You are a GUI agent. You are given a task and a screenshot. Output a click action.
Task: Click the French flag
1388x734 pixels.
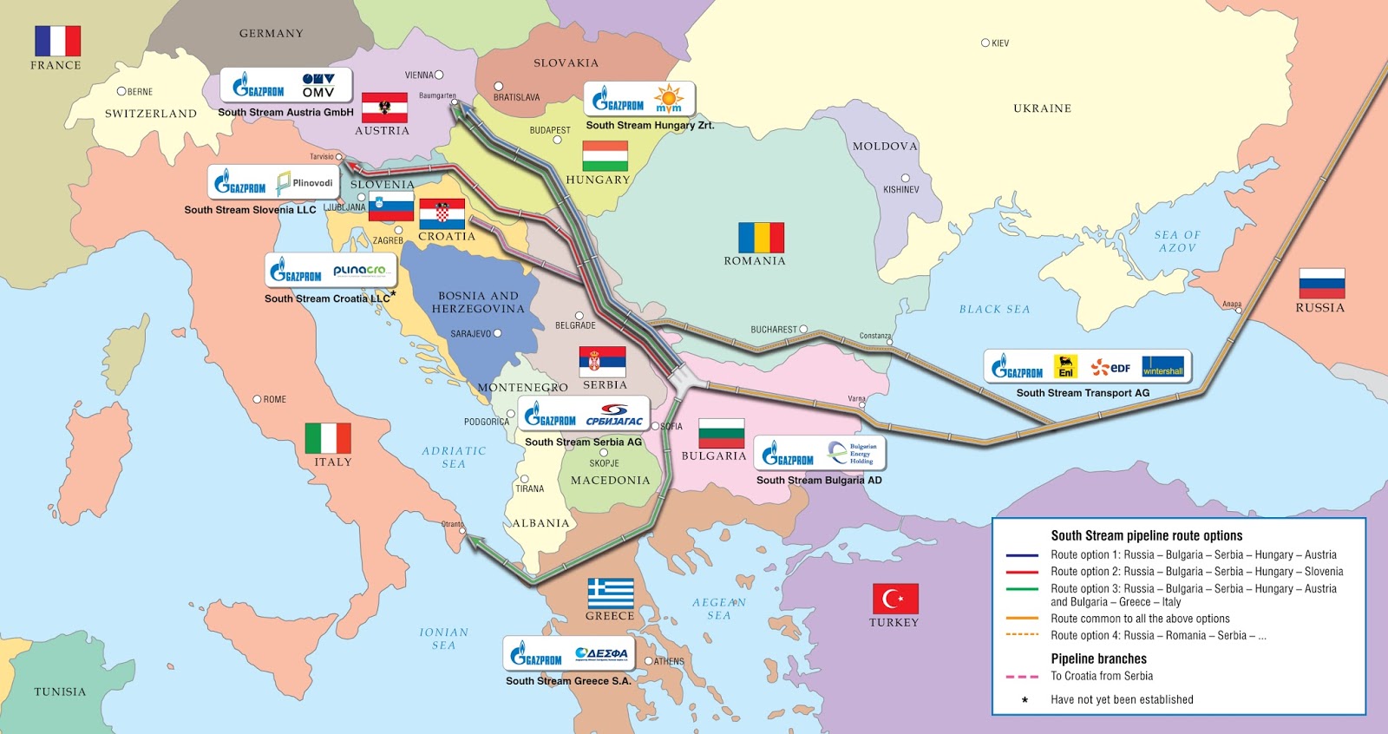57,41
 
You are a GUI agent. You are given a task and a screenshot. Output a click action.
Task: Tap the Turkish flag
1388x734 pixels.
895,599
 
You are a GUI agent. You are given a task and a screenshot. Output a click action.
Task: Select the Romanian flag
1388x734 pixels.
761,237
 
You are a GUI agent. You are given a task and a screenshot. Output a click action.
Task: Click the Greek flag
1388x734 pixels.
611,593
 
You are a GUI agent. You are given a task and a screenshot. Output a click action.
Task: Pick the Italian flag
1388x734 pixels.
328,438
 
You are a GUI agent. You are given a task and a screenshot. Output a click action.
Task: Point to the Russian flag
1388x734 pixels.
1321,284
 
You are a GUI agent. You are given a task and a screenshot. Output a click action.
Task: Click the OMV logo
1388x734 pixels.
318,85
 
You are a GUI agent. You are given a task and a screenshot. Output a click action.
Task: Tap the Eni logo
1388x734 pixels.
1065,367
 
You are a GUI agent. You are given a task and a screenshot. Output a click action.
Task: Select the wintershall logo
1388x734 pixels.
1162,367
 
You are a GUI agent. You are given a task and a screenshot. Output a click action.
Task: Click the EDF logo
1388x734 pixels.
1111,368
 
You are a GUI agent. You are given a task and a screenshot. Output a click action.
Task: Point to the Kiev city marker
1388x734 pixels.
985,43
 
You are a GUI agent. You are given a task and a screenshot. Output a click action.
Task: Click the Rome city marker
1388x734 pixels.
257,399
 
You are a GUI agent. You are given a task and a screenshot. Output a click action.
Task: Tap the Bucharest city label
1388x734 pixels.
773,330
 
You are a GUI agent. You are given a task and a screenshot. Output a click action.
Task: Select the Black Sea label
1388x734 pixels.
994,309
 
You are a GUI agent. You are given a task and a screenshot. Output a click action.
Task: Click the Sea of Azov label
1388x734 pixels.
1177,241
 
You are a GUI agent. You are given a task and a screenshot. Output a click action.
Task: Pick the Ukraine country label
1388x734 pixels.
1042,108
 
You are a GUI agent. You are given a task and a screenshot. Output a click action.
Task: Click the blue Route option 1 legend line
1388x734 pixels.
1022,555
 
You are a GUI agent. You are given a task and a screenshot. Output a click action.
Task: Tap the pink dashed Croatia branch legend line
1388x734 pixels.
1022,677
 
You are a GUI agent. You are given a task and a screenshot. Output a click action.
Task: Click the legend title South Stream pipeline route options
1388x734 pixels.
1146,535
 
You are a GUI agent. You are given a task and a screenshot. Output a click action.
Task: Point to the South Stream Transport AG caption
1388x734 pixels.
1083,393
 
